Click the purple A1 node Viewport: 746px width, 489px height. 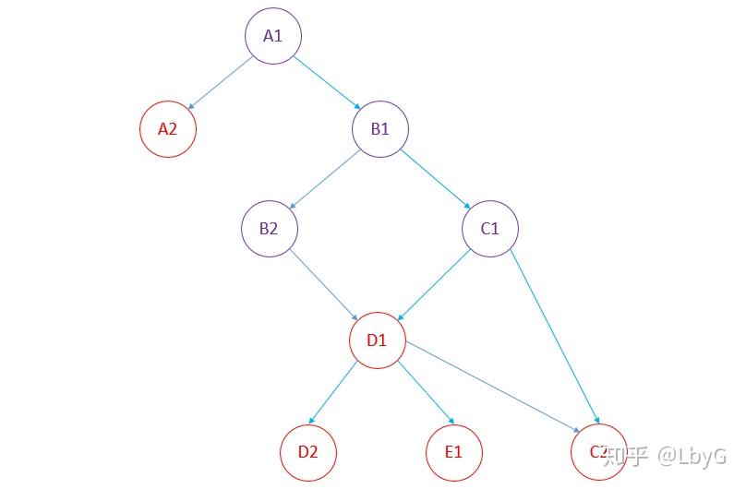[273, 36]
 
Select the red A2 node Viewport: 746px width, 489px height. [168, 128]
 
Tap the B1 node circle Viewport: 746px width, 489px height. [380, 128]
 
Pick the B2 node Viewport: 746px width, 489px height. [270, 228]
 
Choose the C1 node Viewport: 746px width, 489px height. [490, 228]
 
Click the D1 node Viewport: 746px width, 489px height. [378, 340]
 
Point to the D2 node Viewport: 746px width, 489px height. [308, 452]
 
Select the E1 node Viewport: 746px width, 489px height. [454, 452]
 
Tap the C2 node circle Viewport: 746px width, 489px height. [599, 452]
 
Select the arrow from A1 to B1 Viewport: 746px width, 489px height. [326, 82]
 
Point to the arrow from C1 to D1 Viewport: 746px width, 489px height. [434, 284]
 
